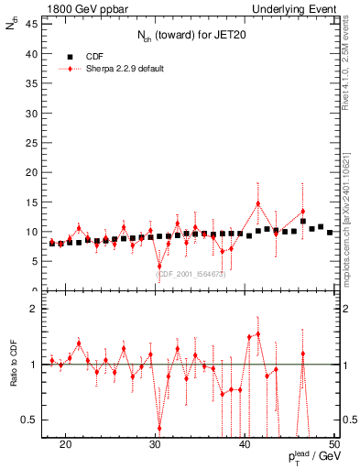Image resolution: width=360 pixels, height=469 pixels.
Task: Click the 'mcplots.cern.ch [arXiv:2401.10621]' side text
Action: [x=349, y=202]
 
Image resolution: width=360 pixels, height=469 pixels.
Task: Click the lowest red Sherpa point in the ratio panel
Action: [x=159, y=428]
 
